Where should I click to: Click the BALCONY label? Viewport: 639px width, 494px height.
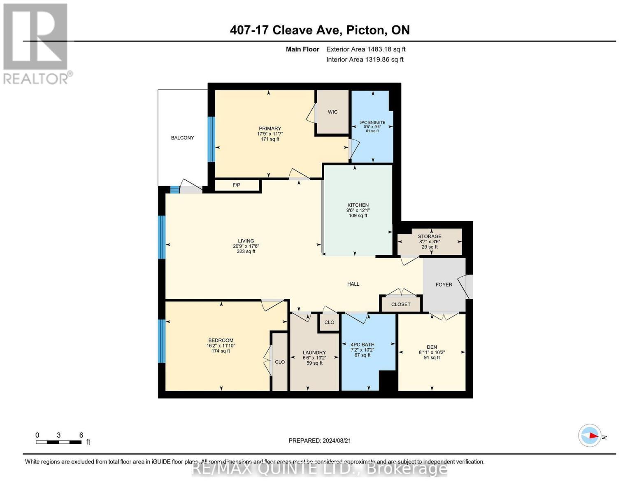click(x=182, y=138)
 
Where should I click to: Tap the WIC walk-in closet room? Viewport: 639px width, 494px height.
click(x=332, y=112)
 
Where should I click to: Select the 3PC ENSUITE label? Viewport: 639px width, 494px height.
click(x=372, y=122)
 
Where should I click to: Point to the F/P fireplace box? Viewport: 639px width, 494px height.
click(x=237, y=185)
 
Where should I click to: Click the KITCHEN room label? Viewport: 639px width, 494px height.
click(x=358, y=205)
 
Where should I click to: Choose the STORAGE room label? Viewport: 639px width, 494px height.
click(x=430, y=236)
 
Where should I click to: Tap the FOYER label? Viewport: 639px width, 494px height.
click(x=444, y=284)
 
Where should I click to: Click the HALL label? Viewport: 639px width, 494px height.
click(x=353, y=284)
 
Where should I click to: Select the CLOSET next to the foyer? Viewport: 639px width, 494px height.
click(x=401, y=304)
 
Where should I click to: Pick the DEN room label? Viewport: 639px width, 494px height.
click(x=432, y=347)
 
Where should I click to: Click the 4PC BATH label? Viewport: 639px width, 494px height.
click(x=362, y=345)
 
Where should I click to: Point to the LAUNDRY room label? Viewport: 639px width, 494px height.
click(x=314, y=352)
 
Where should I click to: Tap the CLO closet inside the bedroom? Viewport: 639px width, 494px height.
click(x=280, y=362)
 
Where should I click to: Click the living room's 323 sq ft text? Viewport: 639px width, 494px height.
click(x=246, y=252)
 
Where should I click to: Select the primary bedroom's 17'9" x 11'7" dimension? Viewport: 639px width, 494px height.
click(x=270, y=134)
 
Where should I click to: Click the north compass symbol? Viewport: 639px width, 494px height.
click(x=590, y=436)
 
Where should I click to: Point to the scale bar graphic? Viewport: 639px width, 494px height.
click(x=58, y=442)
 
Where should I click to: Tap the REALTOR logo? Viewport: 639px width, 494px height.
click(x=36, y=44)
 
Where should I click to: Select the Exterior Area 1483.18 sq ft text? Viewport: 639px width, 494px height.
click(x=366, y=49)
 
